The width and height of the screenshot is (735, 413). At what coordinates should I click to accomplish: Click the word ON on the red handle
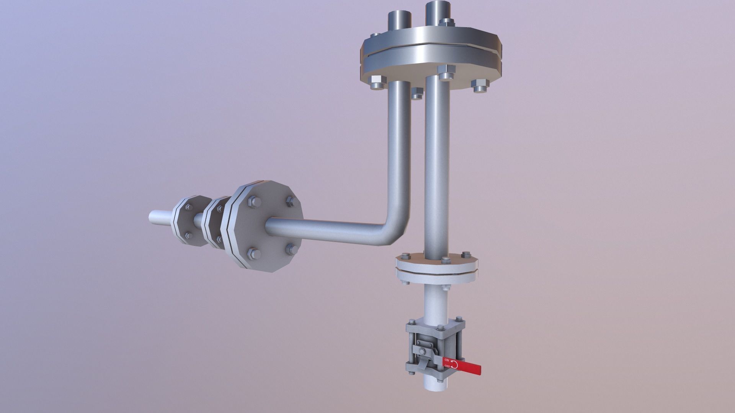pos(447,360)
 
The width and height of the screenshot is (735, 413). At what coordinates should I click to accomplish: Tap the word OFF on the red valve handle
pos(447,366)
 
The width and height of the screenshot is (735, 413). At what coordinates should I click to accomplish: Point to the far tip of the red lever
pos(480,370)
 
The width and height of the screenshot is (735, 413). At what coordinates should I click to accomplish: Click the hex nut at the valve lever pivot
pos(422,351)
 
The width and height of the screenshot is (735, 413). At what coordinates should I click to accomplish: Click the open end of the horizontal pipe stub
pos(151,217)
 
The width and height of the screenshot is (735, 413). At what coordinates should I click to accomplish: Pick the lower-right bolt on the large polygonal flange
pos(292,250)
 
